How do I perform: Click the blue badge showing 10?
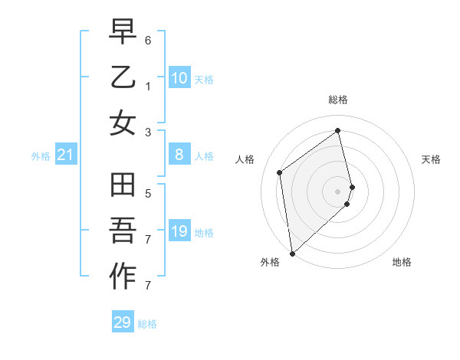pyautogui.click(x=179, y=78)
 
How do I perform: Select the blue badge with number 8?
pyautogui.click(x=179, y=155)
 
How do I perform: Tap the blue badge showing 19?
pyautogui.click(x=179, y=231)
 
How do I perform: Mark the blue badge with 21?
pyautogui.click(x=66, y=155)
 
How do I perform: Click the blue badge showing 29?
pyautogui.click(x=123, y=322)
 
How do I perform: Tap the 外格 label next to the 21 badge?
pyautogui.click(x=41, y=156)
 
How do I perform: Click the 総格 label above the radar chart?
pyautogui.click(x=338, y=100)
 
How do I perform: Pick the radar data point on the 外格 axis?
pyautogui.click(x=292, y=253)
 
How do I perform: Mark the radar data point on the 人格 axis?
pyautogui.click(x=280, y=172)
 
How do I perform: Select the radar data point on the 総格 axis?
pyautogui.click(x=338, y=130)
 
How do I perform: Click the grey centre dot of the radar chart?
pyautogui.click(x=338, y=191)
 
